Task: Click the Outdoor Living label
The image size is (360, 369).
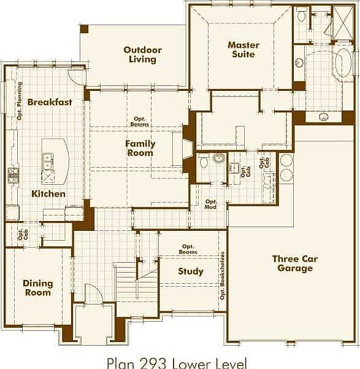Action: (142, 55)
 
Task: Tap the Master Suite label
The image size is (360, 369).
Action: (243, 50)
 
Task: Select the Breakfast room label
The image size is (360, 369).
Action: (50, 102)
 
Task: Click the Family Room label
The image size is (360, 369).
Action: (140, 148)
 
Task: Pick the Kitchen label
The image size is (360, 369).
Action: (48, 193)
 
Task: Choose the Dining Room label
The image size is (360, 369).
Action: (38, 288)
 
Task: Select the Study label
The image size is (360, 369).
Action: (191, 271)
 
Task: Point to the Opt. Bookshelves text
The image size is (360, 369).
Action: (222, 276)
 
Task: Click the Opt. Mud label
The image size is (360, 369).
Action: (211, 204)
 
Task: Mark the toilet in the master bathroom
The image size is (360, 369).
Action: (301, 15)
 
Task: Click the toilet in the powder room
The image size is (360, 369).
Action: (204, 162)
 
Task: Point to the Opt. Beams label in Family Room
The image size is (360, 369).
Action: (140, 122)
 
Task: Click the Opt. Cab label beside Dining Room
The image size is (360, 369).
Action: (22, 233)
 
